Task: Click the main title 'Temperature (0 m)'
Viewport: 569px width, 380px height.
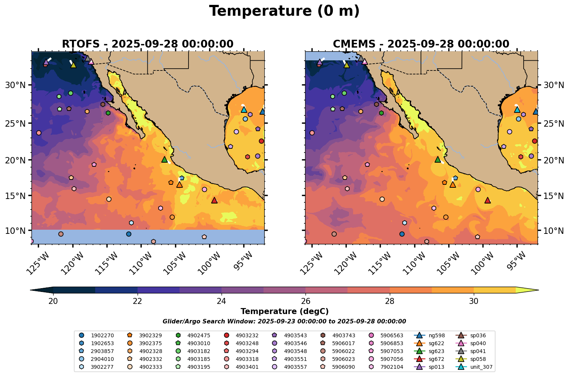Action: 284,11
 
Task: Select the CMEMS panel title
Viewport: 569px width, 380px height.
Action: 421,44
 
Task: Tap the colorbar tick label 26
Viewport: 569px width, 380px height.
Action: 305,301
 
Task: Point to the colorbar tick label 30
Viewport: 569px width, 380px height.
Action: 474,301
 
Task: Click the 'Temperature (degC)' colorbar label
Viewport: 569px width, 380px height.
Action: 284,311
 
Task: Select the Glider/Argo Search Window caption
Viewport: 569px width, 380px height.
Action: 284,322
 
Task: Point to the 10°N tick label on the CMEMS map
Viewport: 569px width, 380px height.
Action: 553,230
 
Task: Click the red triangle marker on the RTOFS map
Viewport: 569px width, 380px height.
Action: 214,200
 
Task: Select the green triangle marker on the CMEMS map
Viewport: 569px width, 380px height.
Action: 438,160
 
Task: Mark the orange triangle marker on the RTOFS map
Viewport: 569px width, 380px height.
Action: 180,185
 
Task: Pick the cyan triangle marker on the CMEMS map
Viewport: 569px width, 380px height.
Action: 517,110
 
